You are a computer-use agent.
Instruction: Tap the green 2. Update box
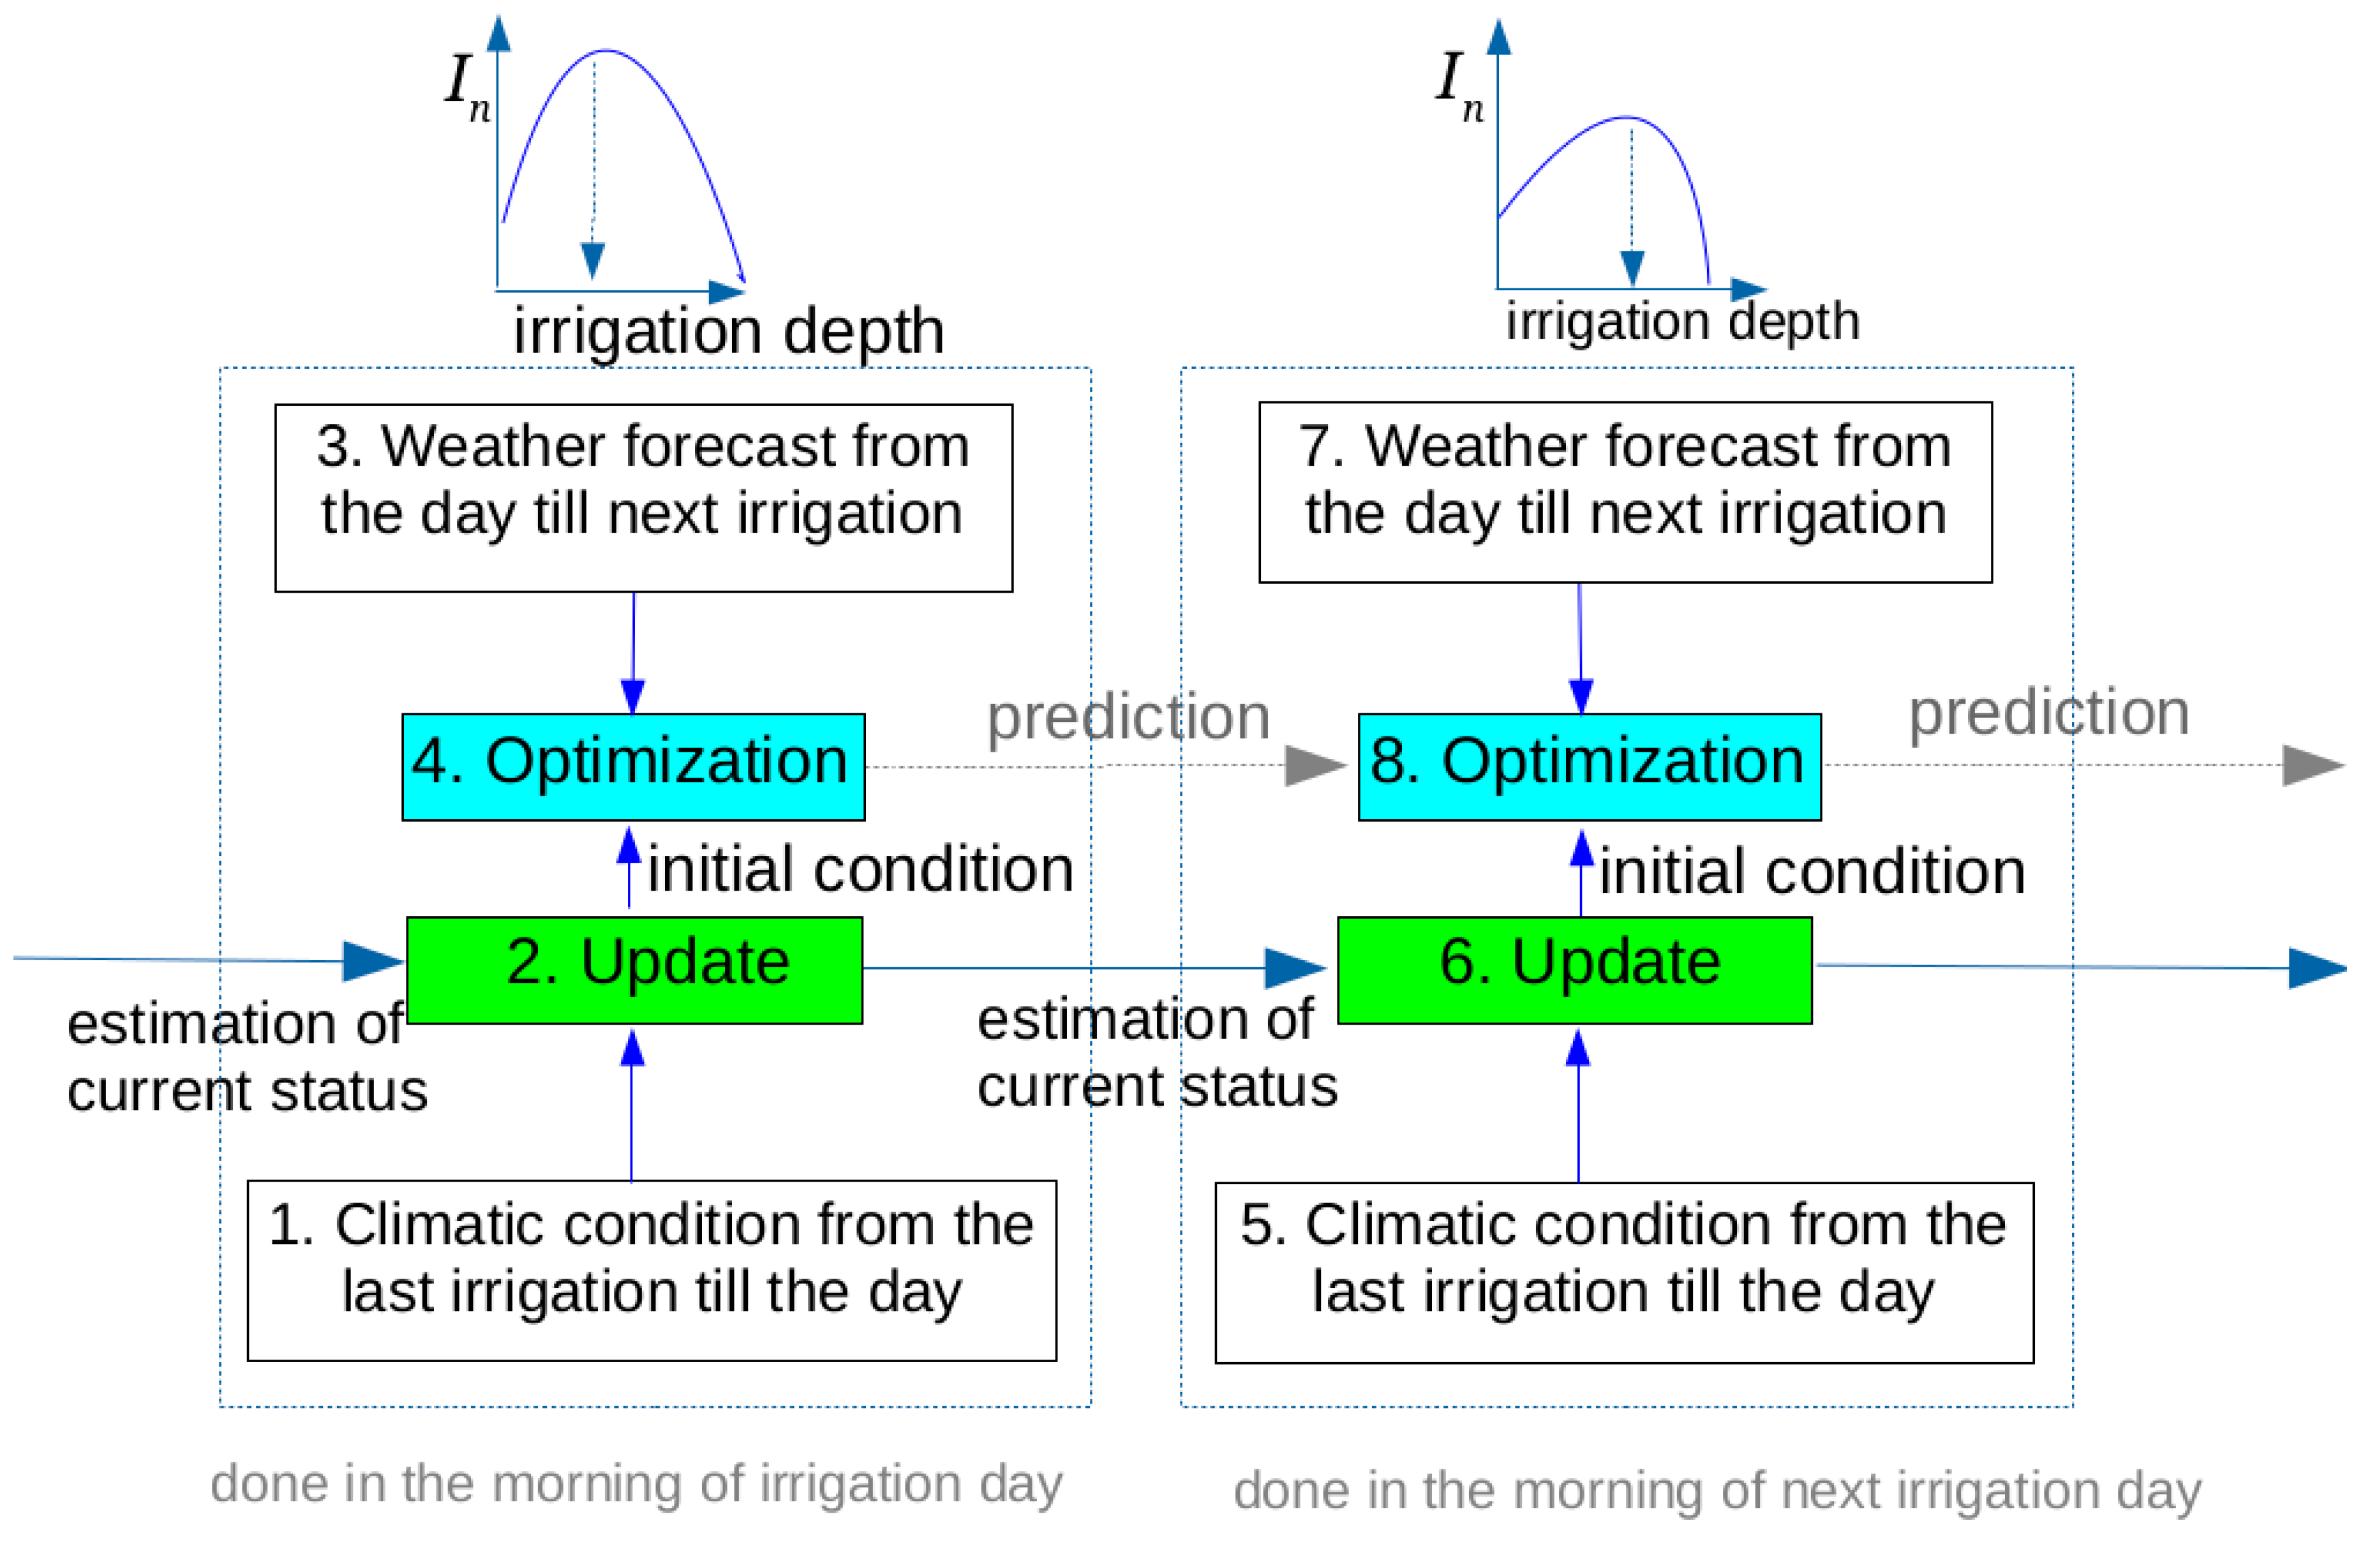pyautogui.click(x=635, y=970)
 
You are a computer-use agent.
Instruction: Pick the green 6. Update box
pyautogui.click(x=1575, y=970)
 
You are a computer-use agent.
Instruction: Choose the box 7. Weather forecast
pyautogui.click(x=1626, y=492)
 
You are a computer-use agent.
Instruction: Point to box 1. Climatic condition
pyautogui.click(x=651, y=1270)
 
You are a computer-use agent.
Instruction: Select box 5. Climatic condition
pyautogui.click(x=1625, y=1273)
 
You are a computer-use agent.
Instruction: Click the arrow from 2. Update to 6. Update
pyautogui.click(x=1095, y=968)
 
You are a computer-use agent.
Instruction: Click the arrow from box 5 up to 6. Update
pyautogui.click(x=1577, y=1106)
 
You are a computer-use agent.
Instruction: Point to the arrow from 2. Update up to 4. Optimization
pyautogui.click(x=629, y=867)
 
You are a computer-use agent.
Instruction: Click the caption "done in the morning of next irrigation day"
pyautogui.click(x=1717, y=1491)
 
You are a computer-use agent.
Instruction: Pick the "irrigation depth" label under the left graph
pyautogui.click(x=729, y=331)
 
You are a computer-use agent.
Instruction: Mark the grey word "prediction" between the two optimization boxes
pyautogui.click(x=1129, y=718)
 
